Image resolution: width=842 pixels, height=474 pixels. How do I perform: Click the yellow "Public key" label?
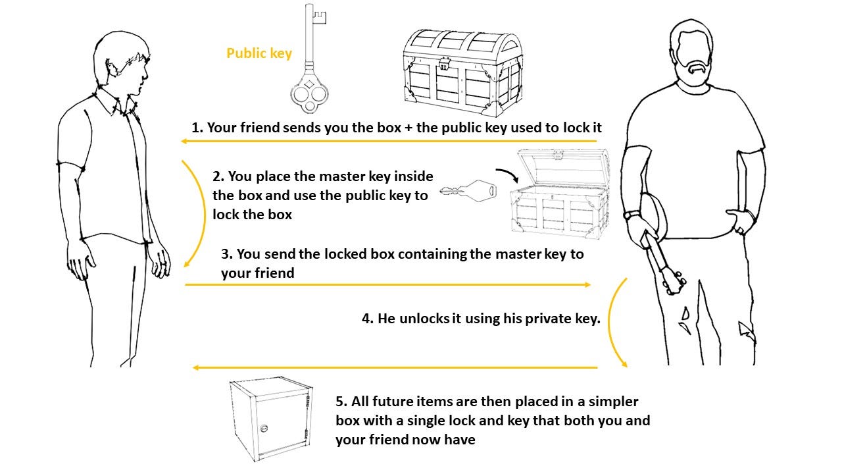tap(259, 53)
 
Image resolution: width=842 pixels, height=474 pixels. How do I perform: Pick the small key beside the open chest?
tap(468, 192)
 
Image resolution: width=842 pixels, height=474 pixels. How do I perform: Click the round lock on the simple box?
tap(264, 428)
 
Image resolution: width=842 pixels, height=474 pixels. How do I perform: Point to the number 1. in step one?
tap(197, 128)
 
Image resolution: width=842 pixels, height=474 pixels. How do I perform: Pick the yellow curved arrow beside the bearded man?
tap(614, 323)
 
